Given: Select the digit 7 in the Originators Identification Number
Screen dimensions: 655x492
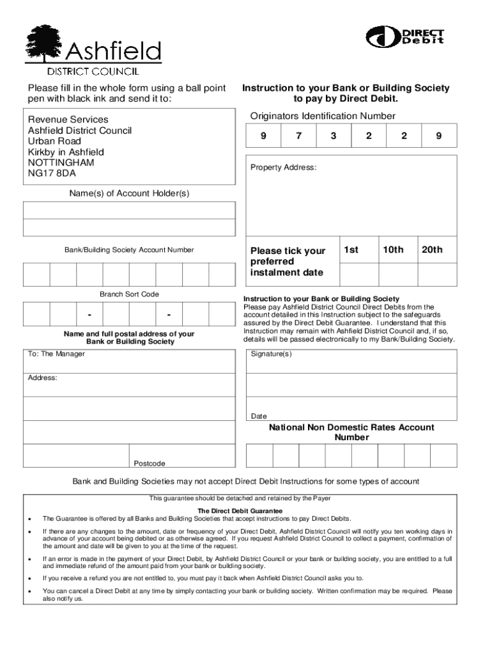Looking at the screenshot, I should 298,136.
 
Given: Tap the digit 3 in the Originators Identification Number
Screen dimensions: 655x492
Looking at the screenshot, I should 333,136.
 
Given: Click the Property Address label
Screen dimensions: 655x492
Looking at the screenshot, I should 283,168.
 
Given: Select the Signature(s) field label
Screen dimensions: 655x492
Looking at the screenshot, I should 271,354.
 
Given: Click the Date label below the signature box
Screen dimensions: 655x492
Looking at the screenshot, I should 259,416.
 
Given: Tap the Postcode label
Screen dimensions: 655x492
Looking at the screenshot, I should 150,463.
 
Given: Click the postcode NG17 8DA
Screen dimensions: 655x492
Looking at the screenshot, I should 52,173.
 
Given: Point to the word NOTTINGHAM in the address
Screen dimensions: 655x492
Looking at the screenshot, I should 61,162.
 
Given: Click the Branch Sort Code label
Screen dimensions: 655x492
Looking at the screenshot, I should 129,294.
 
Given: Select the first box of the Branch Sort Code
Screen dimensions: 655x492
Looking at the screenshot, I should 36,315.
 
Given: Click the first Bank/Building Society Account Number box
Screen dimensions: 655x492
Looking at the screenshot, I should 36,274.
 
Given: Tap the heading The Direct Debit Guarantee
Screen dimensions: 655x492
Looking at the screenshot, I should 240,511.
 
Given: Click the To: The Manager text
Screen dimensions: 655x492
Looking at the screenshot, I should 56,354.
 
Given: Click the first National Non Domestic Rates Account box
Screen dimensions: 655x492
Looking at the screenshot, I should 259,455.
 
